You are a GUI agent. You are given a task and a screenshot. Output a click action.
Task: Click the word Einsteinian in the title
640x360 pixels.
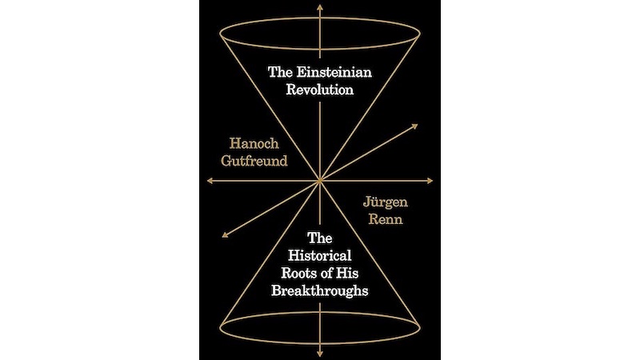click(x=334, y=72)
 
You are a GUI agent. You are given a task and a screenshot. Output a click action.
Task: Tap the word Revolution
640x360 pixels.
click(x=319, y=90)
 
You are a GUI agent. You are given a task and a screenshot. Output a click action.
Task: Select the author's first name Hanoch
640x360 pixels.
click(x=254, y=144)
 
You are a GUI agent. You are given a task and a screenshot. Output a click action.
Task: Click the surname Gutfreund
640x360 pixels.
click(x=254, y=161)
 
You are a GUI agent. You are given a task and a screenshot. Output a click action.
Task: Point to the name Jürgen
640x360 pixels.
click(x=386, y=202)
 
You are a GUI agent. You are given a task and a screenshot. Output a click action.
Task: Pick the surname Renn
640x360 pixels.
click(x=386, y=219)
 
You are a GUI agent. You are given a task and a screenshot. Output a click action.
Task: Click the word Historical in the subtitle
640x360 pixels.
click(x=319, y=255)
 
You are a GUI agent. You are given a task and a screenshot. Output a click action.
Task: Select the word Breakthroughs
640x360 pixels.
click(x=319, y=290)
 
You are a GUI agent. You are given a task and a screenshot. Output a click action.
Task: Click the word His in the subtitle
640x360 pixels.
click(x=347, y=273)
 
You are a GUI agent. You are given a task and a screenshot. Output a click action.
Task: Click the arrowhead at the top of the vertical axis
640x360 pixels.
click(x=320, y=7)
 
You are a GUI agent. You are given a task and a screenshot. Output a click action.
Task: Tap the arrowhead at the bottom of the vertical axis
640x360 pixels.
click(x=320, y=354)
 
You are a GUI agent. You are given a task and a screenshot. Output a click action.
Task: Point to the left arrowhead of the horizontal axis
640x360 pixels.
click(x=210, y=181)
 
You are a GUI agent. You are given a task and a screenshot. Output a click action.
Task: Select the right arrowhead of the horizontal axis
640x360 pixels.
click(x=430, y=181)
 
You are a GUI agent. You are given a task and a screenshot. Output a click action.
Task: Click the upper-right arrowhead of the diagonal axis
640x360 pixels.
click(x=414, y=126)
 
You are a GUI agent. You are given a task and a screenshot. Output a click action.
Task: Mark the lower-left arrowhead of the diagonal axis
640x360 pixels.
click(x=226, y=234)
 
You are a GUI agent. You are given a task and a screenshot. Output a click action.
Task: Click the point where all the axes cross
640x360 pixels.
click(x=320, y=181)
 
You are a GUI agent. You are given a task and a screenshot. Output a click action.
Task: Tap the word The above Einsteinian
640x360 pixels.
click(x=280, y=72)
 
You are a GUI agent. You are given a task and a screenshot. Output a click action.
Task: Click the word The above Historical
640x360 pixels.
click(x=319, y=238)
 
